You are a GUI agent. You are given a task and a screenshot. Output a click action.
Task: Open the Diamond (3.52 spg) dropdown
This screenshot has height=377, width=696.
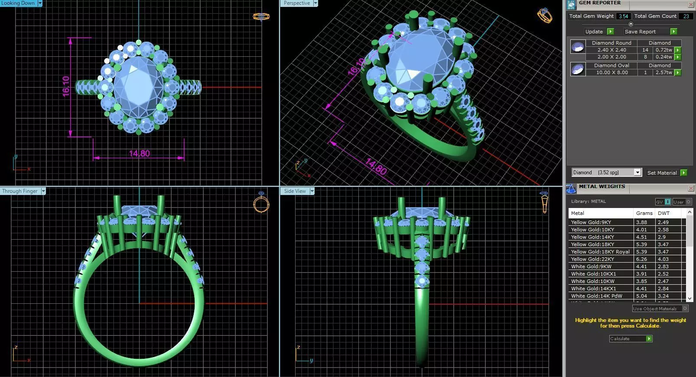click(x=637, y=172)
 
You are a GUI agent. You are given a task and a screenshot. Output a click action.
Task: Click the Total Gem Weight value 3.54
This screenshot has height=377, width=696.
click(x=623, y=16)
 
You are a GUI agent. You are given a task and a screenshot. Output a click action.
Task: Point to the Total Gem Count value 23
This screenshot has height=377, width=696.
click(x=686, y=16)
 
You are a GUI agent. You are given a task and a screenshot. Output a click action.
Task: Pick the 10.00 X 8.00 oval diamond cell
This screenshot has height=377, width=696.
click(x=611, y=72)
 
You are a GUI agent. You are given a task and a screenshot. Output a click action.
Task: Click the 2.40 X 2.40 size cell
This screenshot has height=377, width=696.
click(x=611, y=50)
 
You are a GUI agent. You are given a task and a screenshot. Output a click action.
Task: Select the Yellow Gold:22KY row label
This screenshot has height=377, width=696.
click(x=592, y=259)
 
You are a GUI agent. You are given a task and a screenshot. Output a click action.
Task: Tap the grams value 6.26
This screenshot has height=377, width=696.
click(x=641, y=259)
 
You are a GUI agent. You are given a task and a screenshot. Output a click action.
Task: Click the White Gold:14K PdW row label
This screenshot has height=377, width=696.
click(x=596, y=296)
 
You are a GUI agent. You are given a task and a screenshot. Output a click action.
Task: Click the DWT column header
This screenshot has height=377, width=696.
click(x=663, y=213)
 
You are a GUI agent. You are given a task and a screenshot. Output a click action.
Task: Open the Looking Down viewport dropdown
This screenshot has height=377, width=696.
click(x=40, y=3)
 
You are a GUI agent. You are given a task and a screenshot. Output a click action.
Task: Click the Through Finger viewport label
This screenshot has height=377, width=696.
click(x=20, y=191)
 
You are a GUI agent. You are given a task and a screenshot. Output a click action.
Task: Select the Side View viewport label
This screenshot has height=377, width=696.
click(x=295, y=191)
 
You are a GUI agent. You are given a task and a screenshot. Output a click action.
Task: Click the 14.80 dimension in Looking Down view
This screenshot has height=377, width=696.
click(x=139, y=153)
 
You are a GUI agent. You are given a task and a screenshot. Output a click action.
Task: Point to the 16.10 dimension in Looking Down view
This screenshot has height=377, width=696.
click(x=66, y=86)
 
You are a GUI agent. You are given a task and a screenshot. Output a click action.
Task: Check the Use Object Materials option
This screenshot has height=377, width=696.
click(x=685, y=309)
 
